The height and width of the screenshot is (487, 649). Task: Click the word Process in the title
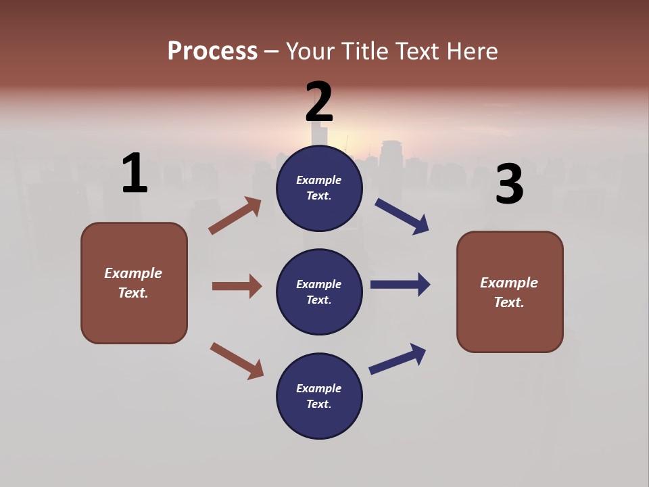tap(212, 51)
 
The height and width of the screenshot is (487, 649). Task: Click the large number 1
tap(135, 173)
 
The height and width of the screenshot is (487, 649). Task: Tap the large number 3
tap(510, 185)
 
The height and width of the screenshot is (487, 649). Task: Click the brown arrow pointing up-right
tap(235, 216)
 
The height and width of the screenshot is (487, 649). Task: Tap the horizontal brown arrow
tap(237, 286)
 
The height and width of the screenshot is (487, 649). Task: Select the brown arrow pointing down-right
tap(237, 361)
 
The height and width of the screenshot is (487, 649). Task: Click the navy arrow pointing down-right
tap(402, 216)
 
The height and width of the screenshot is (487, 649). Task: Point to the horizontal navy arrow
tap(400, 285)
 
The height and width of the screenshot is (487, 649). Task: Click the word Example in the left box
tap(133, 273)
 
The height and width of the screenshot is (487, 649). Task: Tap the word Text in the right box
tap(508, 302)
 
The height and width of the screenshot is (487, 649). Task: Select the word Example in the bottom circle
tap(319, 388)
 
